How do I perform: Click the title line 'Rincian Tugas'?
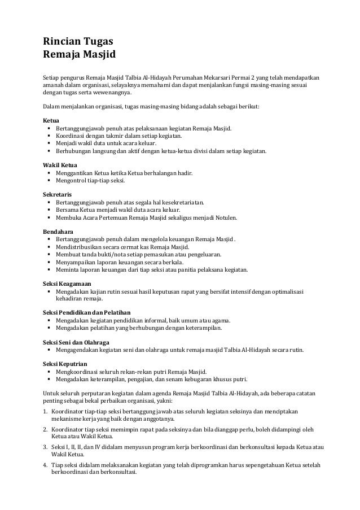coord(77,42)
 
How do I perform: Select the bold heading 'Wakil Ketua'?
coord(60,165)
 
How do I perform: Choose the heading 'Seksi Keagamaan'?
coord(68,283)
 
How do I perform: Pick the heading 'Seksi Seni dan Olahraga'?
coord(76,342)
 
